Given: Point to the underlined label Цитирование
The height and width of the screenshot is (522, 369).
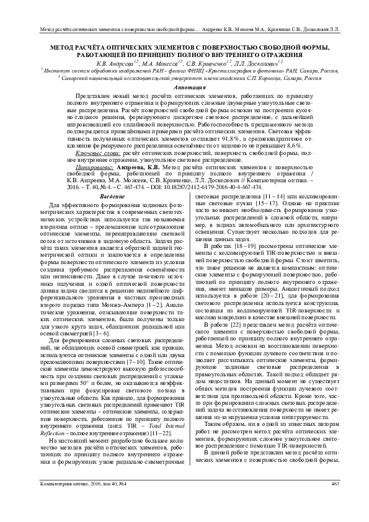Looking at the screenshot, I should [x=97, y=168].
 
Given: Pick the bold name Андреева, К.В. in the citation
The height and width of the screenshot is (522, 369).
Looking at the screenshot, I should [x=139, y=168].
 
